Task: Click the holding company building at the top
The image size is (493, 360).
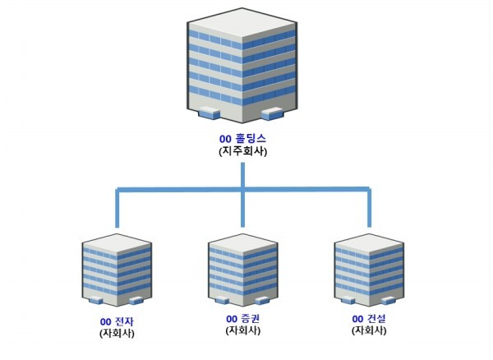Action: pos(241,66)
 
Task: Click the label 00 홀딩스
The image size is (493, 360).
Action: pos(242,139)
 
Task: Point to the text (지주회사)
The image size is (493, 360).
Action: pos(242,152)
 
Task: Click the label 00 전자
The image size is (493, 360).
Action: pos(116,321)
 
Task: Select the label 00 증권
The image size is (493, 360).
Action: pos(242,318)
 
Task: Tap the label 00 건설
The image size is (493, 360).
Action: pos(368,318)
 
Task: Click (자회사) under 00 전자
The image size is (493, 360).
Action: pos(116,334)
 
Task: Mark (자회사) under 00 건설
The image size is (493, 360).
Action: pos(368,330)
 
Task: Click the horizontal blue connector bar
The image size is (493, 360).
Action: pos(181,191)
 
